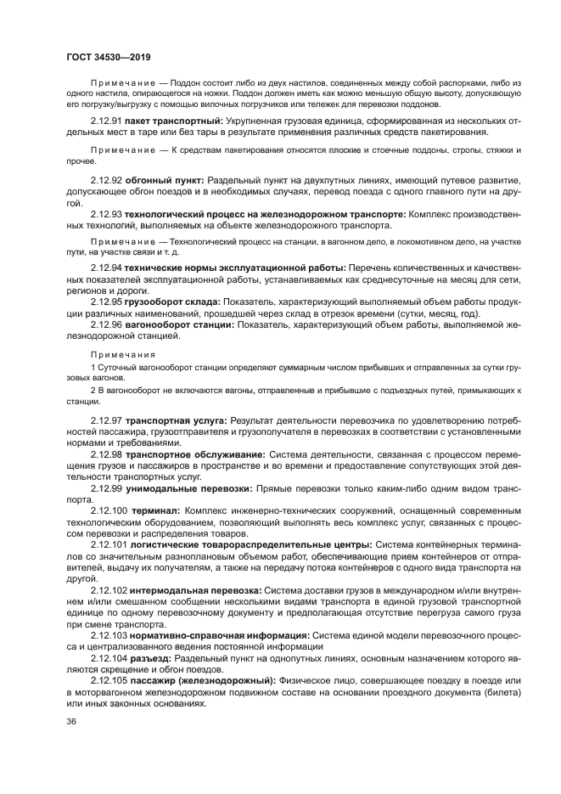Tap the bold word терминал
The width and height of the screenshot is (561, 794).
pyautogui.click(x=155, y=510)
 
